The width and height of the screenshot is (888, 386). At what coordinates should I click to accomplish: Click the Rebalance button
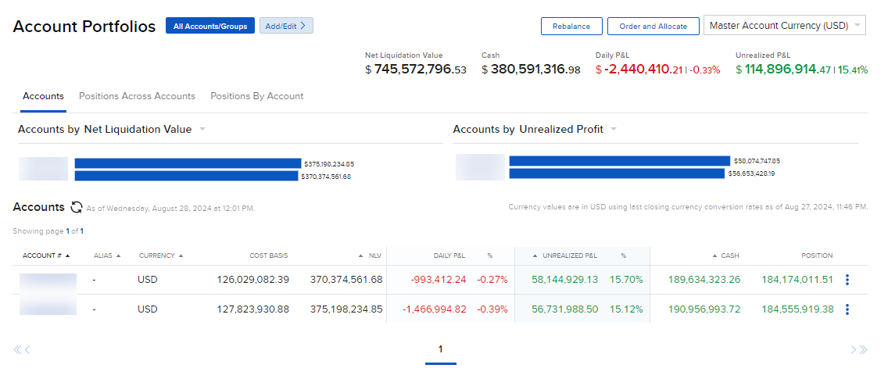click(571, 27)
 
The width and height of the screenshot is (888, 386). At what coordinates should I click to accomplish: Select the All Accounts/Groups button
click(209, 26)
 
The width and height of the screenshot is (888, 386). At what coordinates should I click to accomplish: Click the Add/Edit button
click(286, 26)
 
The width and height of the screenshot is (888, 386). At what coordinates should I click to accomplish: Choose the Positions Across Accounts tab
click(137, 96)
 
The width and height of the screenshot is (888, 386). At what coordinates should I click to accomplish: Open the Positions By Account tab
click(256, 96)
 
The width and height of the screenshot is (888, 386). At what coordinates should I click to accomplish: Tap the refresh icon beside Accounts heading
click(77, 208)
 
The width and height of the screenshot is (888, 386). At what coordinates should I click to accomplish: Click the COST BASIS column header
click(270, 256)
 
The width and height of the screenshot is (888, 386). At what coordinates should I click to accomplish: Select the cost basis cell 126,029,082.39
click(252, 279)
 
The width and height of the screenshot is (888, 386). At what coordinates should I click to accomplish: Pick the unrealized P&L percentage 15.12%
click(625, 309)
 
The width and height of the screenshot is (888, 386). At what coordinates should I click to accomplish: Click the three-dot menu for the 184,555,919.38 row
click(847, 309)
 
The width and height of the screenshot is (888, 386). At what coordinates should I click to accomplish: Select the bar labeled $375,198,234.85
click(188, 163)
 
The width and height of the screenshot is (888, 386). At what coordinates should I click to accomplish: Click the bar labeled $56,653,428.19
click(617, 173)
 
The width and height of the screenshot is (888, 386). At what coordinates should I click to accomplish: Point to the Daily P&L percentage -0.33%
click(704, 70)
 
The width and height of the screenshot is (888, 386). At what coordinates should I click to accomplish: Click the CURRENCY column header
click(160, 256)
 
